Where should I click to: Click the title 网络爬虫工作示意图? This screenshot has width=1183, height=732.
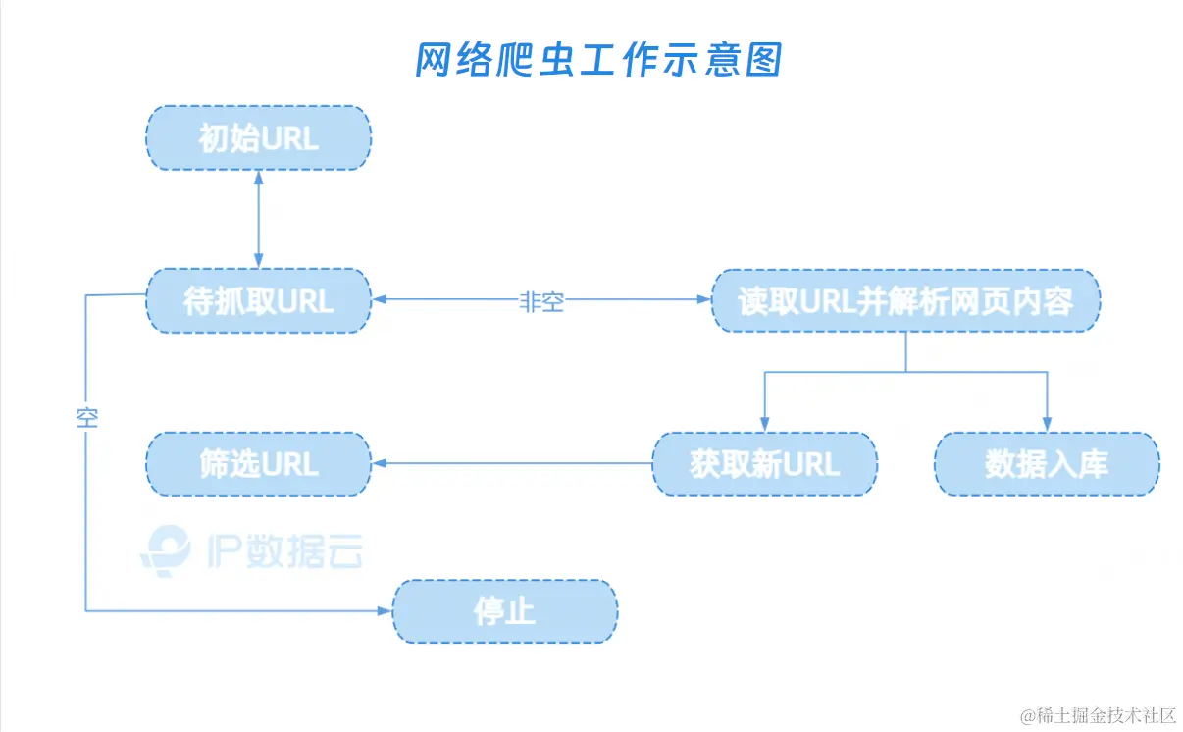(x=597, y=61)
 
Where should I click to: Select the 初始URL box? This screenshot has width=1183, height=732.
(x=258, y=138)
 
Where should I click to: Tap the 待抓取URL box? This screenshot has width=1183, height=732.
(x=258, y=301)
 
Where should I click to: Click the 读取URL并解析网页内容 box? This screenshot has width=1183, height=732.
(x=905, y=301)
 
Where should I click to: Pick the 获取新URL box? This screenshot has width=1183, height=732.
(x=764, y=463)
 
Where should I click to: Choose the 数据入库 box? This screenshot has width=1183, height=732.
(x=1047, y=463)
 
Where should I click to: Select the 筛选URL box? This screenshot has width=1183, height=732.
(x=258, y=463)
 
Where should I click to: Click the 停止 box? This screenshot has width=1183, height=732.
(x=504, y=611)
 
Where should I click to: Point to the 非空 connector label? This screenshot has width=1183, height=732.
(x=541, y=302)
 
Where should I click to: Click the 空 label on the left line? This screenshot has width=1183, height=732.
(x=86, y=418)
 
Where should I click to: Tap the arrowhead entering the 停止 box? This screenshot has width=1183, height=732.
(x=385, y=611)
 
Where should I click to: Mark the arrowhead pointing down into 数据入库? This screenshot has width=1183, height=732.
(x=1047, y=424)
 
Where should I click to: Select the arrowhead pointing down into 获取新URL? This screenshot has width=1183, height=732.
(x=764, y=424)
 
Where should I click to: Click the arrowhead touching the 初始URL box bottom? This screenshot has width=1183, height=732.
(x=258, y=179)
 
